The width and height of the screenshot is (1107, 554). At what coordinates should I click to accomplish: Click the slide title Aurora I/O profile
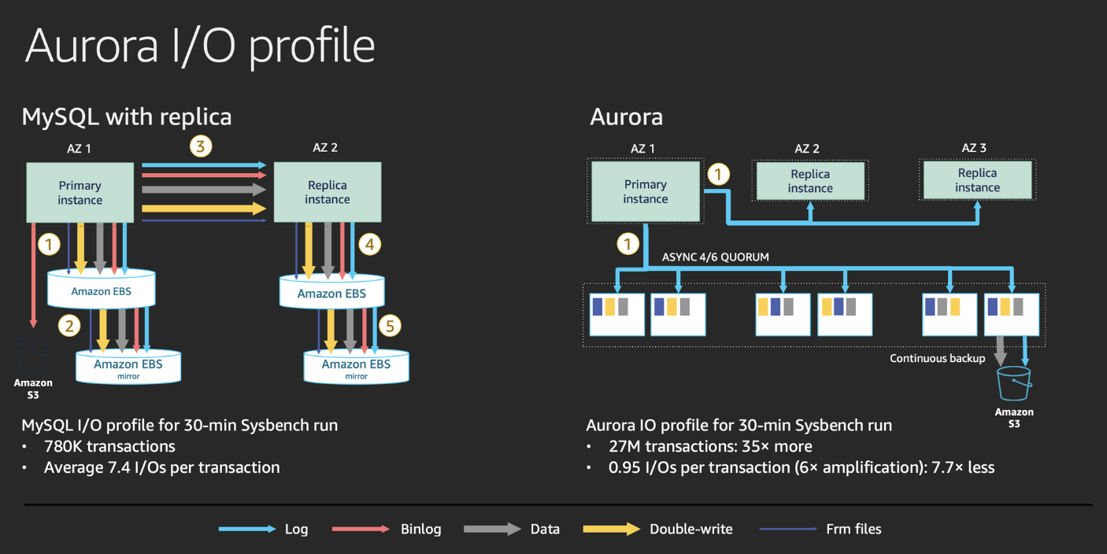[x=200, y=46]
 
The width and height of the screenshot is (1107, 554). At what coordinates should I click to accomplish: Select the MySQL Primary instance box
[x=80, y=192]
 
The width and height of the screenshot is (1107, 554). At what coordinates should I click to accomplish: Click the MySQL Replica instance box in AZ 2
[x=328, y=192]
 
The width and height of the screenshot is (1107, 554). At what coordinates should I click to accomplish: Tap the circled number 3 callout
[x=202, y=146]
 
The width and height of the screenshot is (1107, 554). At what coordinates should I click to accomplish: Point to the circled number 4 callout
[x=370, y=244]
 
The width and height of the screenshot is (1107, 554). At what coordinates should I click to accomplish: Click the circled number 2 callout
[x=71, y=325]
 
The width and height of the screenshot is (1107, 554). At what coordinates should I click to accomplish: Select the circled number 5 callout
[x=389, y=325]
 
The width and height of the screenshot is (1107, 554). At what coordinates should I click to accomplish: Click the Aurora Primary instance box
[x=646, y=191]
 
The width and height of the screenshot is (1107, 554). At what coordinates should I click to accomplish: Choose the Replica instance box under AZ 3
[x=977, y=180]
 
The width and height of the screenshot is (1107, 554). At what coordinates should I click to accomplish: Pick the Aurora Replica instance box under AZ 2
[x=810, y=181]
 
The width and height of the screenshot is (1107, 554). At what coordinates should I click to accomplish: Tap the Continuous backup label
[x=937, y=358]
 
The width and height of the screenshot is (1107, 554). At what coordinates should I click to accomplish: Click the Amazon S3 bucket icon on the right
[x=1013, y=383]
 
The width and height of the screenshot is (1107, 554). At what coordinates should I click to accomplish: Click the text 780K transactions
[x=109, y=446]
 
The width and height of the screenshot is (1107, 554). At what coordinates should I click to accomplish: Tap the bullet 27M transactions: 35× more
[x=710, y=446]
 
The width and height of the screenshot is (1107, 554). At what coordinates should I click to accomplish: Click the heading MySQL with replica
[x=127, y=117]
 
